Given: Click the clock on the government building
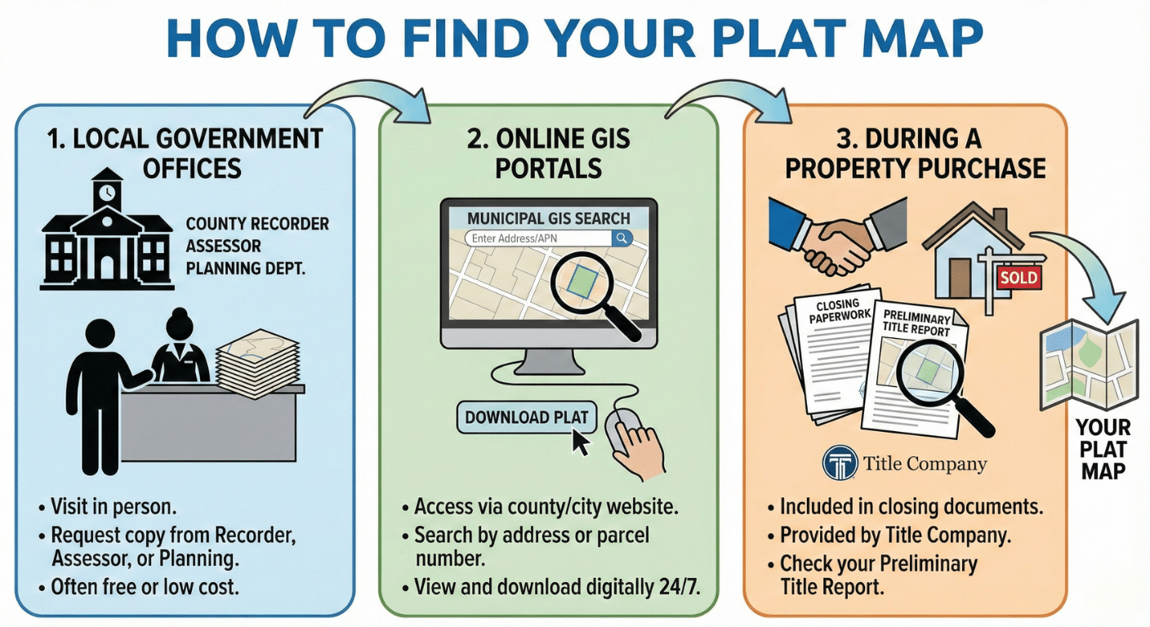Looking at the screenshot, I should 106,193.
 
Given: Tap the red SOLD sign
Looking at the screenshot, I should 1019,278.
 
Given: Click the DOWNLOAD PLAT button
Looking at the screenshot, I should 527,417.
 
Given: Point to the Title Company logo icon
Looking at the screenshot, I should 839,464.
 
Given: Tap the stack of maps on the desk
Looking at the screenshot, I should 259,360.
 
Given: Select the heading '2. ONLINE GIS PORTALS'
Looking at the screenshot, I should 549,153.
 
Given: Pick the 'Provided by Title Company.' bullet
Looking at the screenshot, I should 895,536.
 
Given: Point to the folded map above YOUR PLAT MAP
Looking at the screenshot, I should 1089,364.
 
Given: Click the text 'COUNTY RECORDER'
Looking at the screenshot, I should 257,224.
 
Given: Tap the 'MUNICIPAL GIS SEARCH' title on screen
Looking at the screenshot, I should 549,218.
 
